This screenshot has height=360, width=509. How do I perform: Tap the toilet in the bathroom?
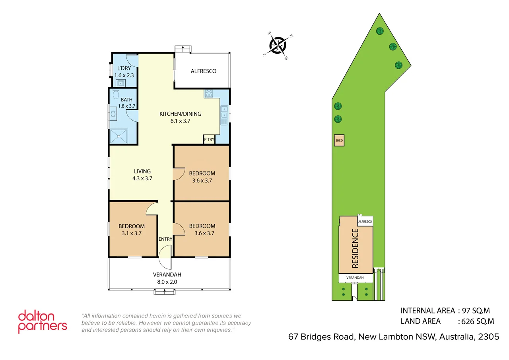pyautogui.click(x=116, y=94)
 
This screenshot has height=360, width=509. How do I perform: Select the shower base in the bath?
pyautogui.click(x=119, y=136)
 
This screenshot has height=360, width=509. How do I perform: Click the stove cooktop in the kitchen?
pyautogui.click(x=209, y=94)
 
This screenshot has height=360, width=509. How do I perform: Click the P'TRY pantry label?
pyautogui.click(x=209, y=140)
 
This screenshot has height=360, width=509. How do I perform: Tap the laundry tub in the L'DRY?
pyautogui.click(x=120, y=83)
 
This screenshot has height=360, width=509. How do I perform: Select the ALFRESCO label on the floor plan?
pyautogui.click(x=204, y=71)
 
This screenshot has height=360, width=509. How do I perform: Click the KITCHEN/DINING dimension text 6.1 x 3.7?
pyautogui.click(x=181, y=121)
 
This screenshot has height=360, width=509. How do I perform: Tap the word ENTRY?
pyautogui.click(x=165, y=239)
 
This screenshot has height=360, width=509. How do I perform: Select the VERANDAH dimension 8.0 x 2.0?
pyautogui.click(x=167, y=282)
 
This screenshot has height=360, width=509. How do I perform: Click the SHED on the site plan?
pyautogui.click(x=339, y=140)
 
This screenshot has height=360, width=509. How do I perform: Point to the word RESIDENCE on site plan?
pyautogui.click(x=355, y=248)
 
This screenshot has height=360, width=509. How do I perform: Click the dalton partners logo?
pyautogui.click(x=43, y=321)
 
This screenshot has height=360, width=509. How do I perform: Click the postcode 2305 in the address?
pyautogui.click(x=489, y=337)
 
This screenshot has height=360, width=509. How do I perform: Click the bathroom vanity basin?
pyautogui.click(x=113, y=114)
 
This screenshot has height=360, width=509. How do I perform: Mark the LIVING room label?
pyautogui.click(x=142, y=171)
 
